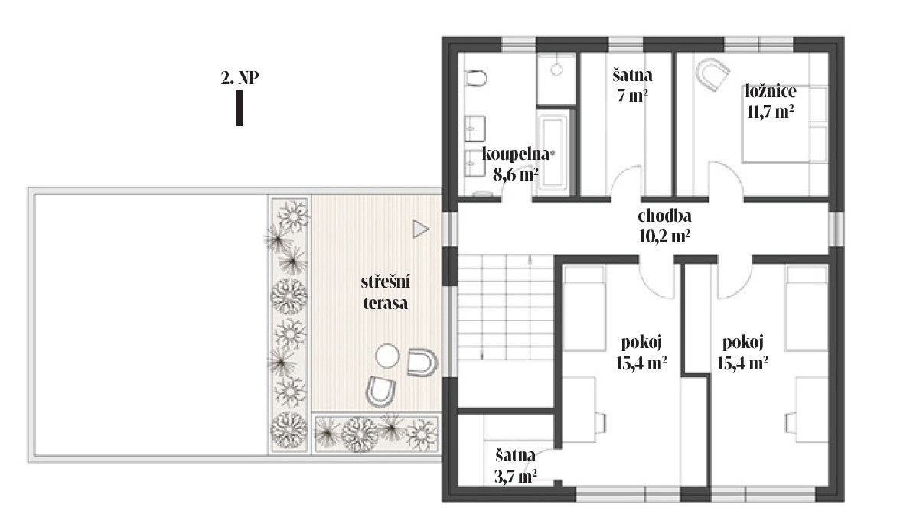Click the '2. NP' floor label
click(x=240, y=77)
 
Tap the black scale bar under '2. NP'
click(x=240, y=109)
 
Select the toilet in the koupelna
click(x=476, y=79)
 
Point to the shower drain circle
click(x=556, y=70)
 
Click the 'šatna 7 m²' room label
click(x=632, y=85)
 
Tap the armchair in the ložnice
click(x=712, y=74)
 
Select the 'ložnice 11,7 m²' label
click(x=771, y=101)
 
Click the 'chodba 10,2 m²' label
click(x=664, y=226)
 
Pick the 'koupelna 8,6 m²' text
click(x=516, y=164)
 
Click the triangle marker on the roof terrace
click(x=420, y=229)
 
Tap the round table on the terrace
click(x=386, y=356)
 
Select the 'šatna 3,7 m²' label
click(x=515, y=466)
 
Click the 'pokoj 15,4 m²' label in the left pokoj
click(x=641, y=353)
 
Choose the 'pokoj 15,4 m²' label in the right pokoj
click(x=742, y=353)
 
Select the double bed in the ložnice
click(x=784, y=125)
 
